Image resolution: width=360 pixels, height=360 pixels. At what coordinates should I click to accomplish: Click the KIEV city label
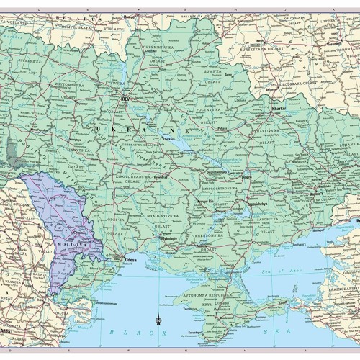point(126,97)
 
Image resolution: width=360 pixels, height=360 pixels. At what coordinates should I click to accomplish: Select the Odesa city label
point(130,257)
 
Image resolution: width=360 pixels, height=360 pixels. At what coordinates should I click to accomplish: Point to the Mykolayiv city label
point(168,238)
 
